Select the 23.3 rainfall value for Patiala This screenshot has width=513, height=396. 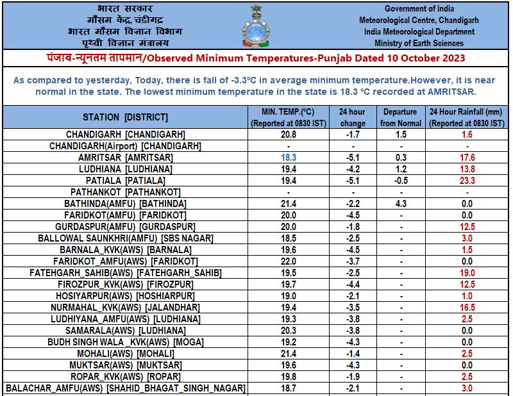[468, 180]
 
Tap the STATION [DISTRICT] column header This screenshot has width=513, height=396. [126, 117]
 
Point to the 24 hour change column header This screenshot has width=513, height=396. [352, 117]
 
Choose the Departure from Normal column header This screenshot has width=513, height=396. [401, 117]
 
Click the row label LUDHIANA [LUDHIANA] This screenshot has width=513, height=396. [126, 169]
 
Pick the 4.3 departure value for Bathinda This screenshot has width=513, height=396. [401, 203]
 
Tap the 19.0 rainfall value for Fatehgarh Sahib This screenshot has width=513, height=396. [468, 273]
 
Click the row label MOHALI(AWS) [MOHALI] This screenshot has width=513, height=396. [126, 354]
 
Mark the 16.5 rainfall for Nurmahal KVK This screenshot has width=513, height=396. [468, 308]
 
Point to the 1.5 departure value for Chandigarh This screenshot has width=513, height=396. [401, 134]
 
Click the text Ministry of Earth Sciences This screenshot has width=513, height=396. [419, 43]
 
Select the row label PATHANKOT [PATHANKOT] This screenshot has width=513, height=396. [126, 192]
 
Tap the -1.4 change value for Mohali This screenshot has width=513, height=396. [352, 354]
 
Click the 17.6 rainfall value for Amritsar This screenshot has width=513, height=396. [468, 157]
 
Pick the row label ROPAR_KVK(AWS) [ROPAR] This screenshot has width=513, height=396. [126, 377]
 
